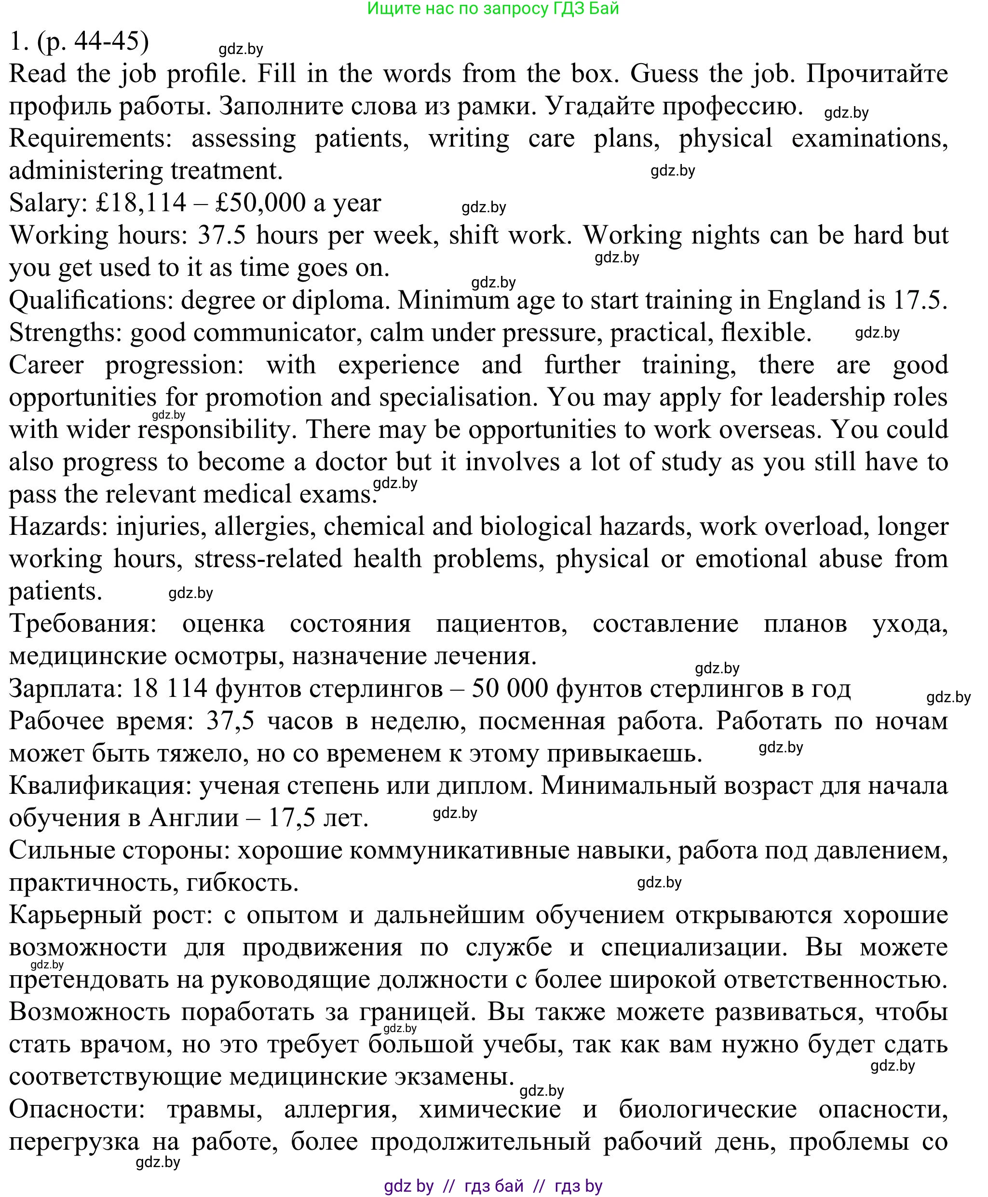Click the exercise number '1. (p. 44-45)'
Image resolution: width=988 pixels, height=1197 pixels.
79,41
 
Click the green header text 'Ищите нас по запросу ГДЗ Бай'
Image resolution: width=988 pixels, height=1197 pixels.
493,9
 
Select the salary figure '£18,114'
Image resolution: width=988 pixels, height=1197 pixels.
141,203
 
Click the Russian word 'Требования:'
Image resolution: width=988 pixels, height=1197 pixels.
83,624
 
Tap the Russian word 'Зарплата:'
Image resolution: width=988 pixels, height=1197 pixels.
66,689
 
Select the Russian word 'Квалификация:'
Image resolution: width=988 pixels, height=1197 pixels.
100,786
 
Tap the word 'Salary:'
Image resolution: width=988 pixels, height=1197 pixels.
48,203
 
